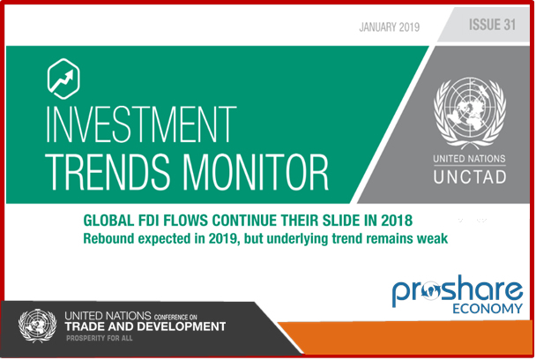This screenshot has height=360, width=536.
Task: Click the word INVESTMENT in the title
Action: [141, 124]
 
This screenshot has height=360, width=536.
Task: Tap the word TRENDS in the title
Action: [108, 172]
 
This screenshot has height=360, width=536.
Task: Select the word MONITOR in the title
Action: [256, 172]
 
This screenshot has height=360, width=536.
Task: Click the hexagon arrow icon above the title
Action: [63, 79]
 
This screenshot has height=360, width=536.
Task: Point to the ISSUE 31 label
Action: [492, 25]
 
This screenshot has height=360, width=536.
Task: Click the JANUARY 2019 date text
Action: [390, 27]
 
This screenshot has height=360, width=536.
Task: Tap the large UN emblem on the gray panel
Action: [470, 113]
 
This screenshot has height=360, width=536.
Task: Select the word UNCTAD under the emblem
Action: [470, 177]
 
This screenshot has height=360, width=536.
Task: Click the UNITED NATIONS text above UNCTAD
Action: [469, 159]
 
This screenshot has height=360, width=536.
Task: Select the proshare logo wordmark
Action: [458, 290]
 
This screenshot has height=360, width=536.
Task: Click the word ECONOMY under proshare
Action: [488, 309]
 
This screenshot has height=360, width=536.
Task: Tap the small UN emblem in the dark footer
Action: [37, 326]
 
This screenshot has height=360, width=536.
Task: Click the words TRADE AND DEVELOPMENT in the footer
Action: [145, 326]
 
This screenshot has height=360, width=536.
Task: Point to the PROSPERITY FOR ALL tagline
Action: [99, 338]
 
